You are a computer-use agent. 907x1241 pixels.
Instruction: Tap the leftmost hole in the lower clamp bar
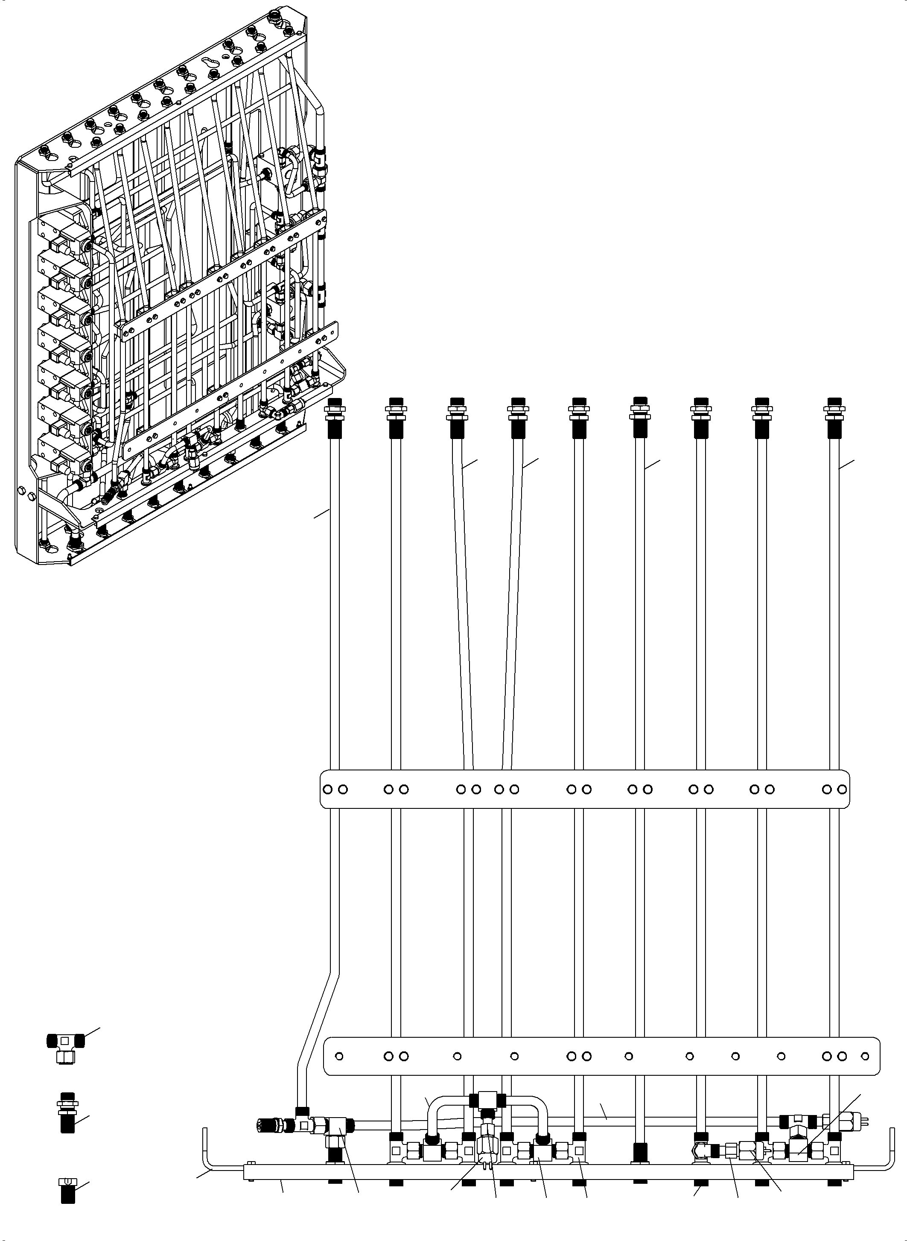point(339,1056)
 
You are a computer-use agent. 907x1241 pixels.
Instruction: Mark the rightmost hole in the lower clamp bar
point(865,1056)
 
